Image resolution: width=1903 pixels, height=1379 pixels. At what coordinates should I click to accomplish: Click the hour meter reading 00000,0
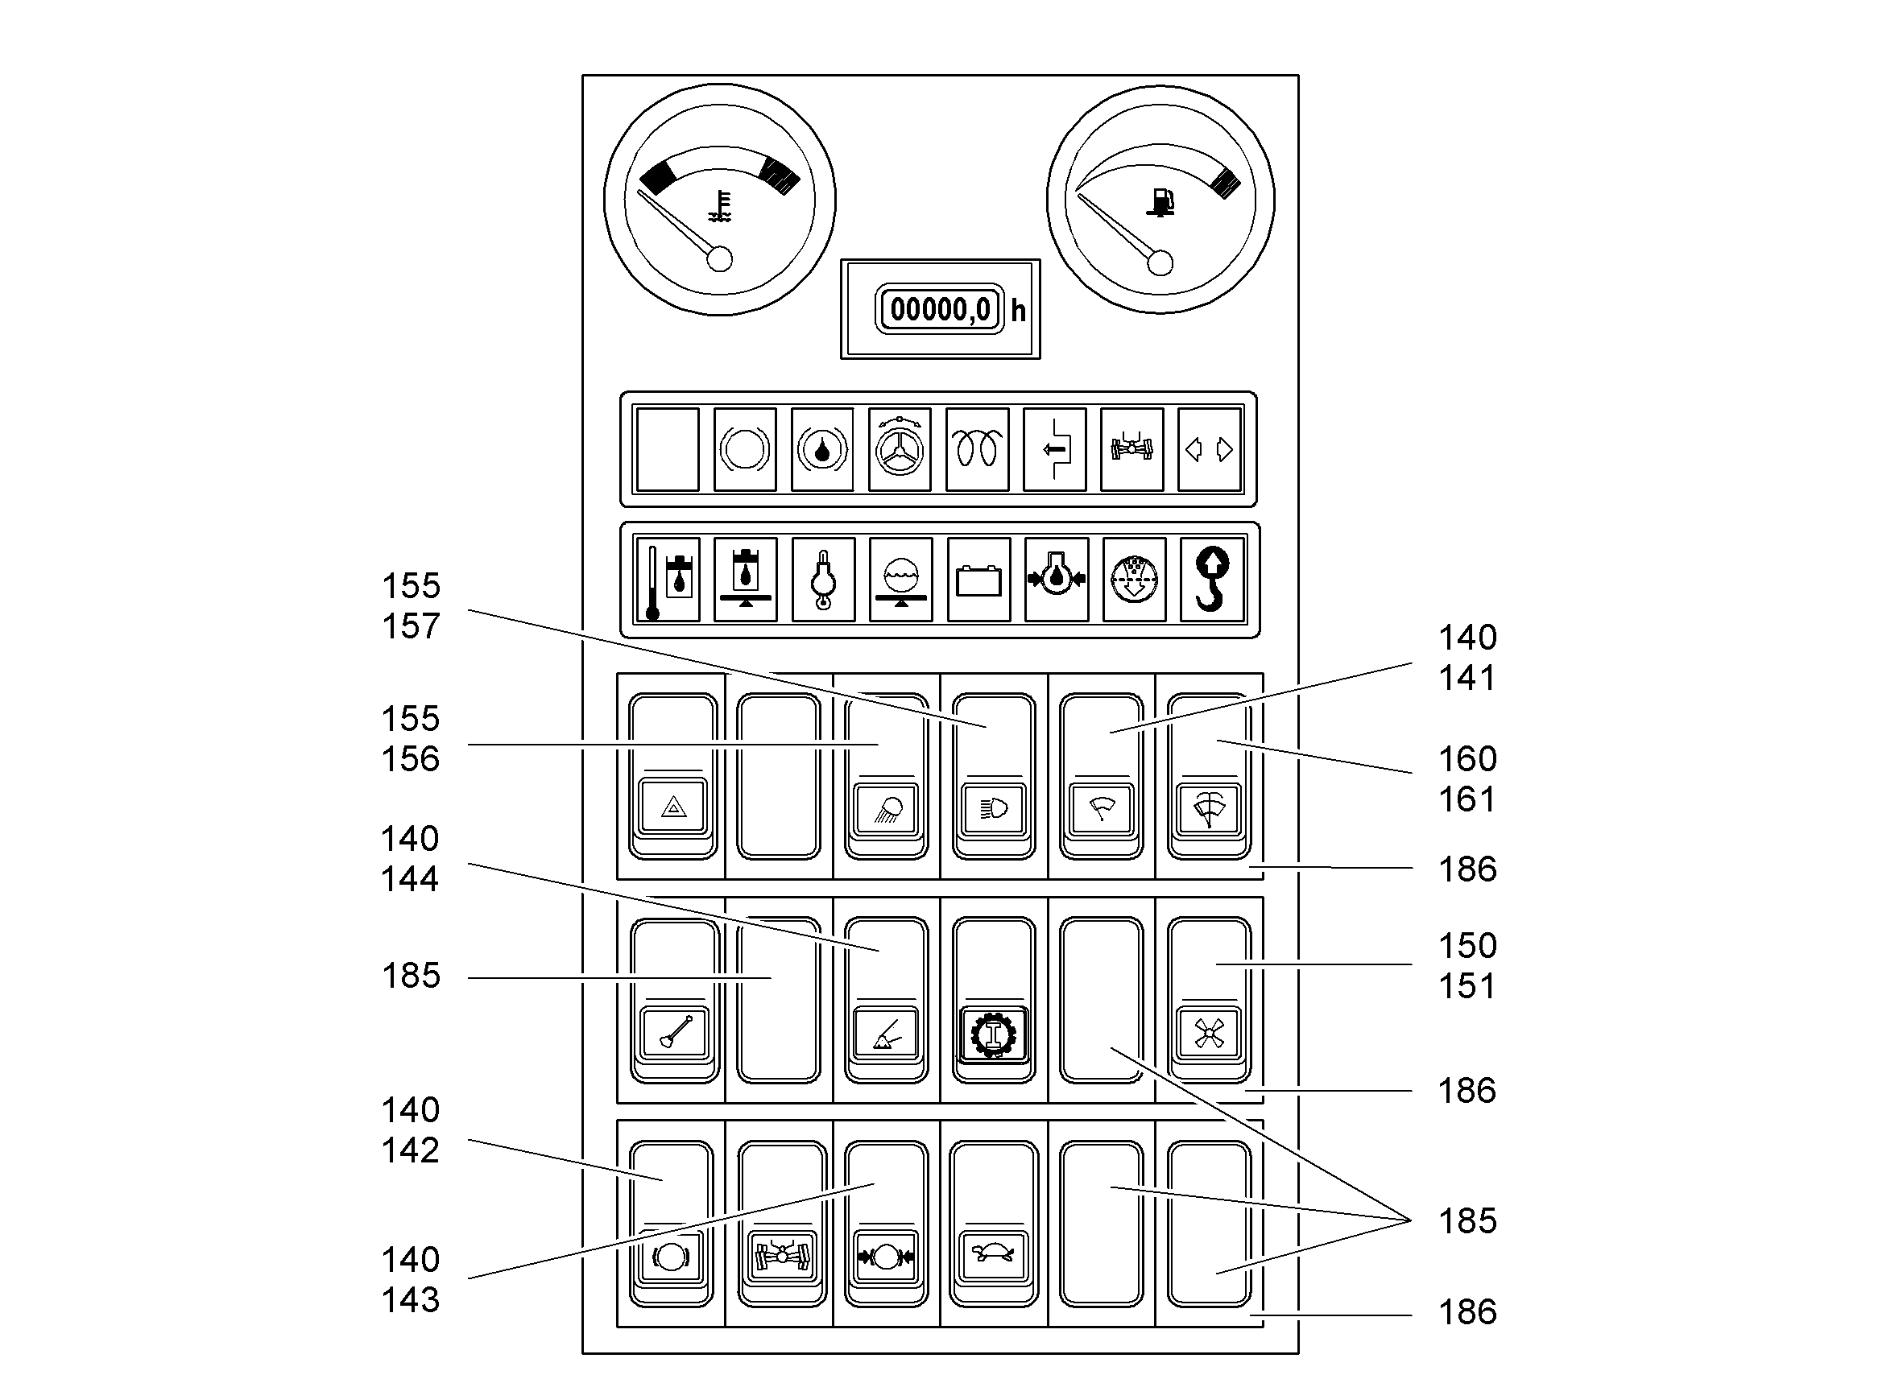pos(940,309)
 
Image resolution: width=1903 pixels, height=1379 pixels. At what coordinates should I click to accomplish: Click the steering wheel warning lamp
pos(900,449)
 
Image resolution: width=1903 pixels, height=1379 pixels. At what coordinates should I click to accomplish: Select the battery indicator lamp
pos(978,580)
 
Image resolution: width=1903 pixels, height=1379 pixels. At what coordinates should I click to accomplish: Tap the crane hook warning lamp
pos(1211,580)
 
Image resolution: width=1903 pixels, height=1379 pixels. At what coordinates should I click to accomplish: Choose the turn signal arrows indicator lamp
pos(1209,449)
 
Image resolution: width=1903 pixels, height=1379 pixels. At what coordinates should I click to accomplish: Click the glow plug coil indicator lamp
pos(978,449)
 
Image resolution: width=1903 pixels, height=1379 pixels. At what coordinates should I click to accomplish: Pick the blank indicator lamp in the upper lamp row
pos(667,449)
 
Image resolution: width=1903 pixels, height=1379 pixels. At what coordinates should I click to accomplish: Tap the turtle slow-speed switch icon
pos(994,1255)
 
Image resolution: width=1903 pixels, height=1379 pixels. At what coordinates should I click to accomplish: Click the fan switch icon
pos(1209,1034)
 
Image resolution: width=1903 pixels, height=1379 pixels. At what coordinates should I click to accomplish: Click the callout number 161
pos(1467,799)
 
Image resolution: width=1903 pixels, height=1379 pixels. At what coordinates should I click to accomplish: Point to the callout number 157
pos(412,626)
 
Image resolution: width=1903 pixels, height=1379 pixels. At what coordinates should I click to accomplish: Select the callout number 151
pos(1467,986)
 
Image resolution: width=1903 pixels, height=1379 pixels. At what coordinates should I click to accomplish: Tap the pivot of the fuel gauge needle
pos(1160,263)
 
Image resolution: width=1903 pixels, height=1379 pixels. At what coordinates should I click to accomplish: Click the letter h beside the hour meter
pos(1018,312)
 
